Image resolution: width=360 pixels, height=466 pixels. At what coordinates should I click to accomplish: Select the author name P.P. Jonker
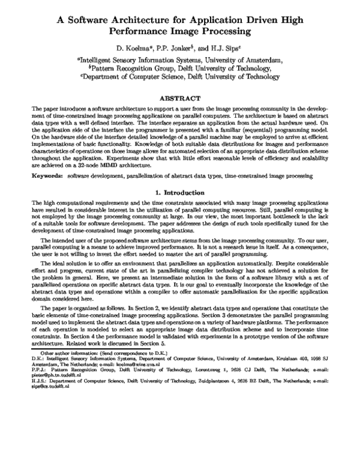click(182, 47)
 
